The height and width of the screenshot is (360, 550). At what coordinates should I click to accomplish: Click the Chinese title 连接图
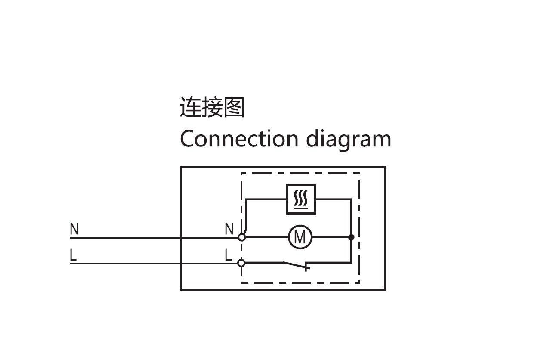[x=212, y=107]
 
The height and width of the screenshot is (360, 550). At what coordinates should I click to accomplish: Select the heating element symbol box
[x=301, y=199]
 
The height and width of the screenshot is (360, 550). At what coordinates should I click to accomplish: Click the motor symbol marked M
[x=300, y=237]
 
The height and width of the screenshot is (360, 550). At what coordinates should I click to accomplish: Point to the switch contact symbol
[x=297, y=265]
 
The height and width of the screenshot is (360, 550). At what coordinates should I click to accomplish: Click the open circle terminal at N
[x=242, y=237]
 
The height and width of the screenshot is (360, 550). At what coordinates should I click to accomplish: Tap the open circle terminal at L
[x=241, y=263]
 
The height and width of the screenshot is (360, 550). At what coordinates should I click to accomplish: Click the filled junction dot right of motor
[x=351, y=237]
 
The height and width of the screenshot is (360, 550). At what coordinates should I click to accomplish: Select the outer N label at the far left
[x=74, y=229]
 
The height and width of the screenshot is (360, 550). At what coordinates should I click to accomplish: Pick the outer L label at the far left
[x=73, y=255]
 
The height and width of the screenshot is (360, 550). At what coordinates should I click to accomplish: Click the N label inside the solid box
[x=229, y=229]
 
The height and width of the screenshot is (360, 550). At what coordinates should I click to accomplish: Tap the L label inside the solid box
[x=228, y=255]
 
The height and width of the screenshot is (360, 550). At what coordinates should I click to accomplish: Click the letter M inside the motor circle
[x=300, y=237]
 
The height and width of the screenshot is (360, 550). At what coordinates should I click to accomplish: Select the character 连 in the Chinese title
[x=190, y=107]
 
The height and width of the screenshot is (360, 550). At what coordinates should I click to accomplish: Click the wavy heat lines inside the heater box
[x=301, y=199]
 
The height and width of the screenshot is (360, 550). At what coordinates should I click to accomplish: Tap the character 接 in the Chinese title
[x=212, y=107]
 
